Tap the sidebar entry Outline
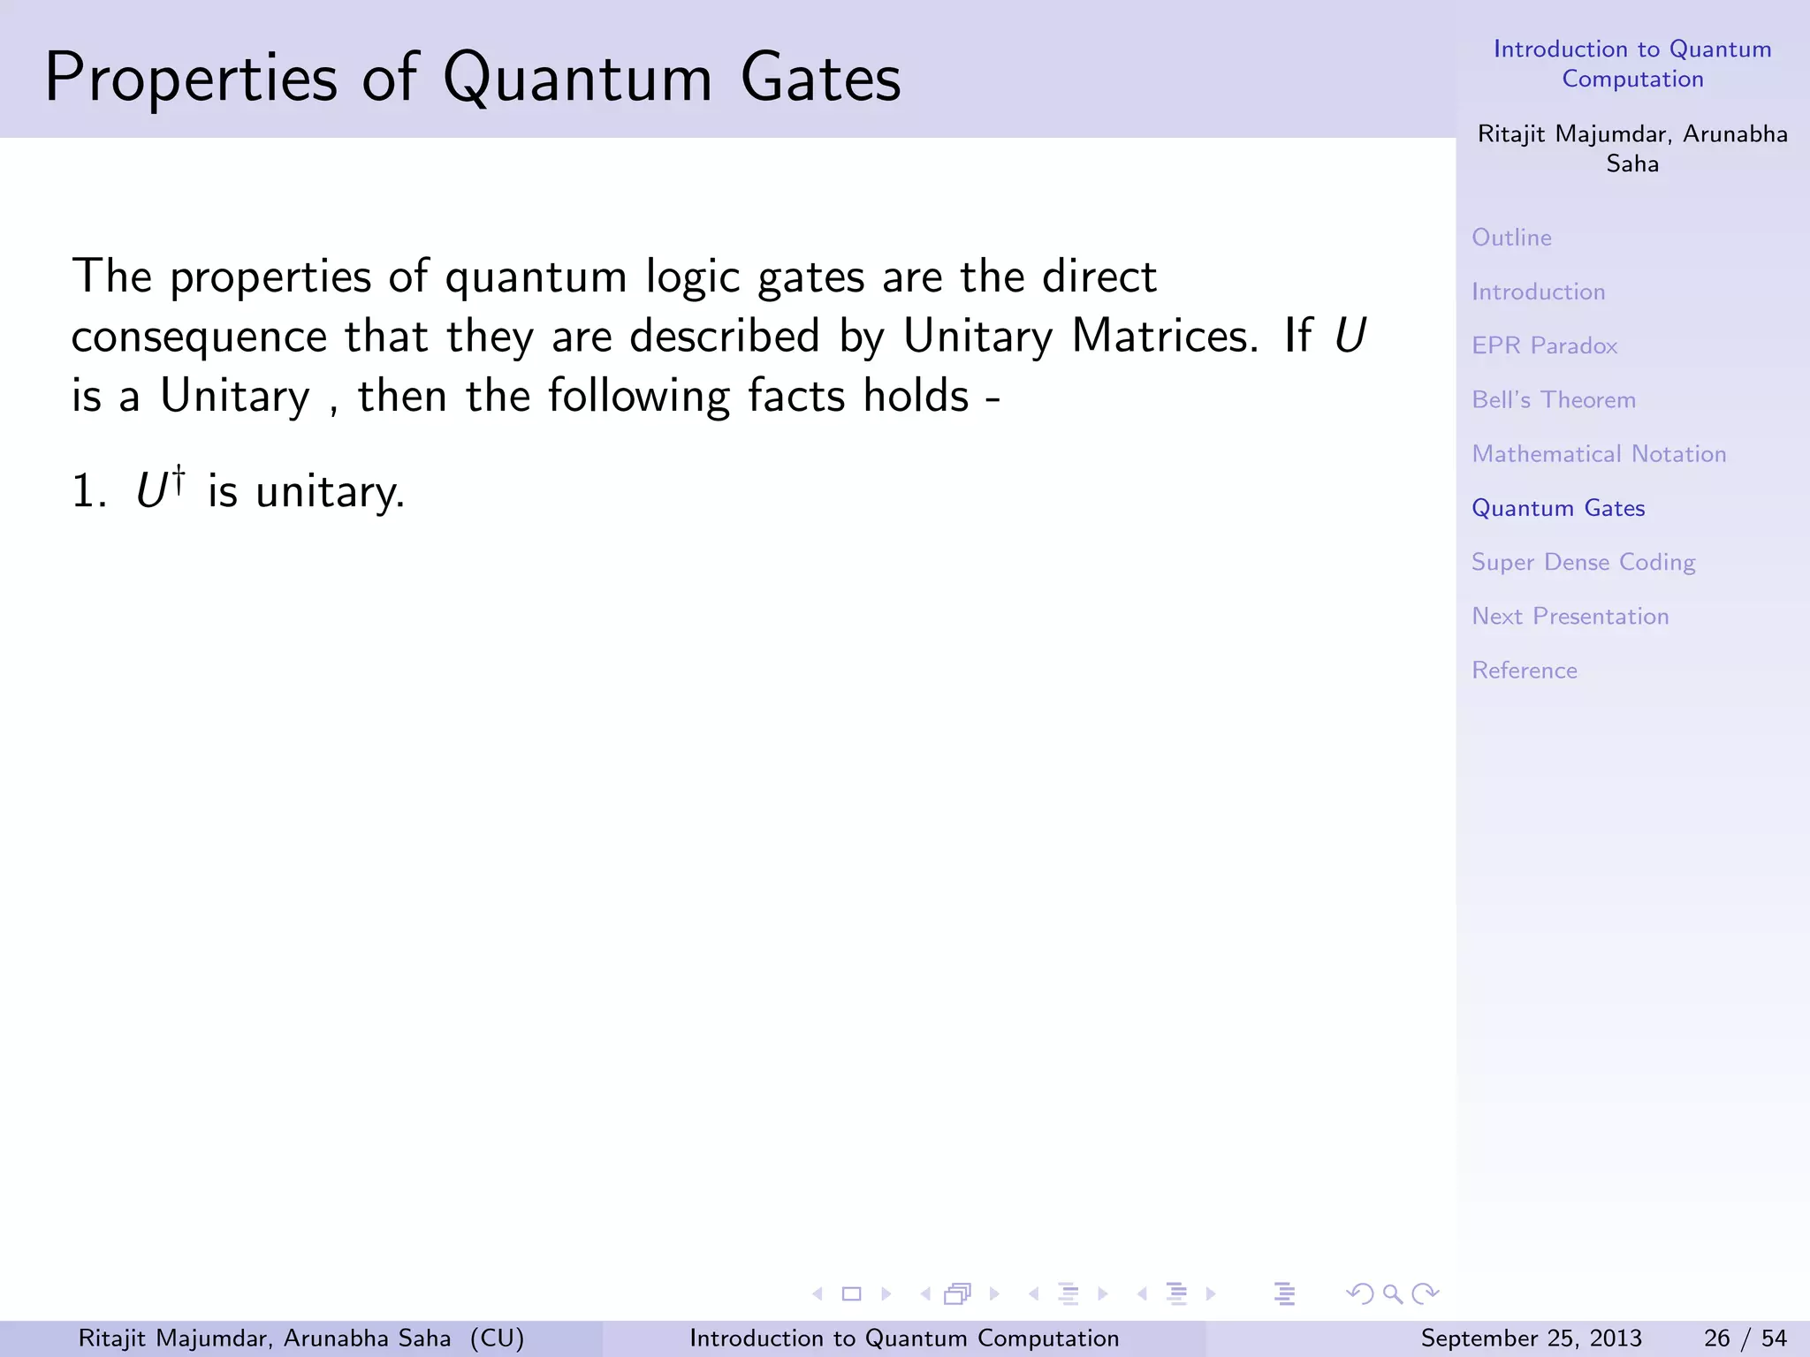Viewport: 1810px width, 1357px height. tap(1511, 238)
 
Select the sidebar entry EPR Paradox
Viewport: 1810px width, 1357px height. tap(1544, 345)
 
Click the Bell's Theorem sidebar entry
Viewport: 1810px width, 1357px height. tap(1553, 400)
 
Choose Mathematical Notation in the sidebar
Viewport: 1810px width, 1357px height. tap(1598, 454)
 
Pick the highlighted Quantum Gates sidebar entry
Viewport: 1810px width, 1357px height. tap(1557, 508)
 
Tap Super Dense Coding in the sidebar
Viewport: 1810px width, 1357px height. tap(1583, 563)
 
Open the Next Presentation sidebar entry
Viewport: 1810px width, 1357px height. tap(1570, 617)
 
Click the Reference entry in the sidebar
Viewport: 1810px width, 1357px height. tap(1524, 671)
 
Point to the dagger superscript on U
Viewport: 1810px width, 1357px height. tap(179, 478)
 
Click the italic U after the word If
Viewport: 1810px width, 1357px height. tap(1350, 337)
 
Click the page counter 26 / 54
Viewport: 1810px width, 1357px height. tap(1745, 1338)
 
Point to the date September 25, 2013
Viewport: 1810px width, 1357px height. tap(1531, 1338)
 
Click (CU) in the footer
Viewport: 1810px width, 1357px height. tap(497, 1338)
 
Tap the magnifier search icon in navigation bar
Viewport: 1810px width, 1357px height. tap(1393, 1294)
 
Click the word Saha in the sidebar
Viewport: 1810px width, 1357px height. tap(1631, 164)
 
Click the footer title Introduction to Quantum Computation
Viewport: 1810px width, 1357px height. tap(903, 1338)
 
